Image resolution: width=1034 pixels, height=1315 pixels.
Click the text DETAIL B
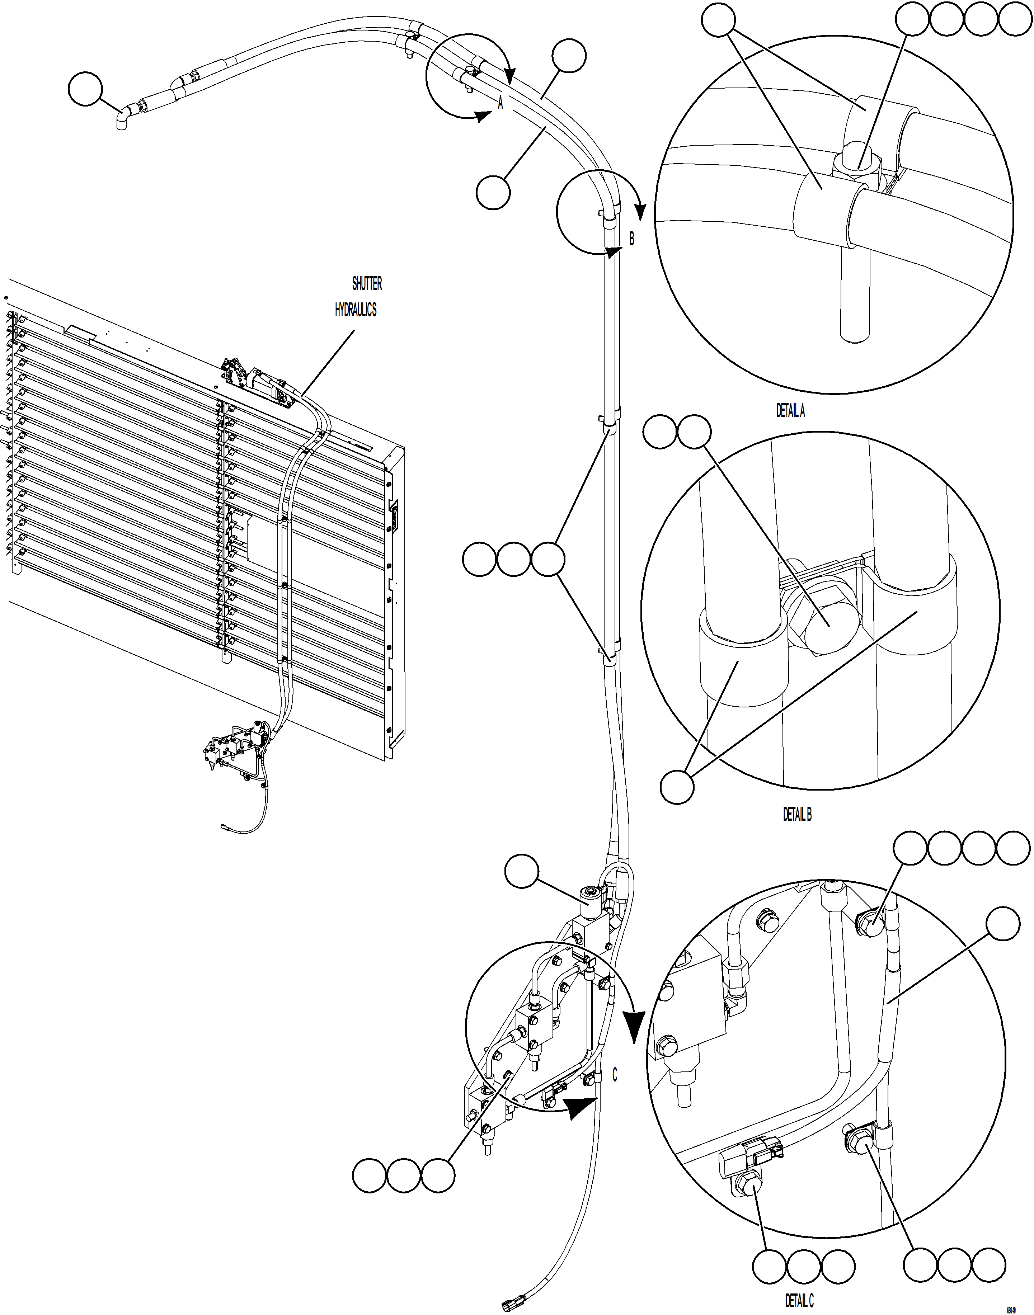(x=797, y=815)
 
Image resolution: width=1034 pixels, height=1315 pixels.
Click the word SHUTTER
(x=367, y=283)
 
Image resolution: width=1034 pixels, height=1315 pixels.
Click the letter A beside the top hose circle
(x=500, y=103)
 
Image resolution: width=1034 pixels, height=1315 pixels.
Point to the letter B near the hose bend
(x=631, y=239)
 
